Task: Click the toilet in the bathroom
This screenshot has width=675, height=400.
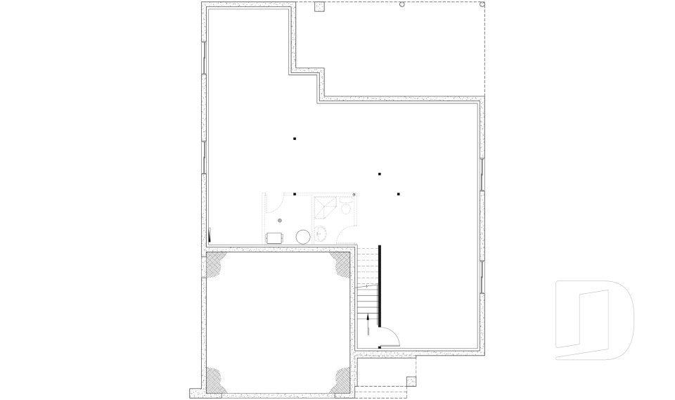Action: coord(345,207)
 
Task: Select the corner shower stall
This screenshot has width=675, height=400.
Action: coord(325,207)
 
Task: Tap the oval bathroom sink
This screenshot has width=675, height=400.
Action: coord(321,235)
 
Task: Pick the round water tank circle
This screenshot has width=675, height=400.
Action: coord(302,236)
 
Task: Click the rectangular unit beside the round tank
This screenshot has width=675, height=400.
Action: coord(274,238)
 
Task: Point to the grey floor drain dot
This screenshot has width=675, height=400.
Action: coord(280,221)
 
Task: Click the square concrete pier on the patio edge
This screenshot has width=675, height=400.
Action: coord(319,8)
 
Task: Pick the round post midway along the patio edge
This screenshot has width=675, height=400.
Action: coord(402,5)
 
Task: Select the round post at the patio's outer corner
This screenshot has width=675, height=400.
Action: coord(482,4)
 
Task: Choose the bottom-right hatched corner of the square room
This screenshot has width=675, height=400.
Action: coord(340,380)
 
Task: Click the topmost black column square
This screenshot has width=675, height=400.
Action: coord(295,139)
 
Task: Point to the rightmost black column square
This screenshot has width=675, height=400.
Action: coord(398,193)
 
